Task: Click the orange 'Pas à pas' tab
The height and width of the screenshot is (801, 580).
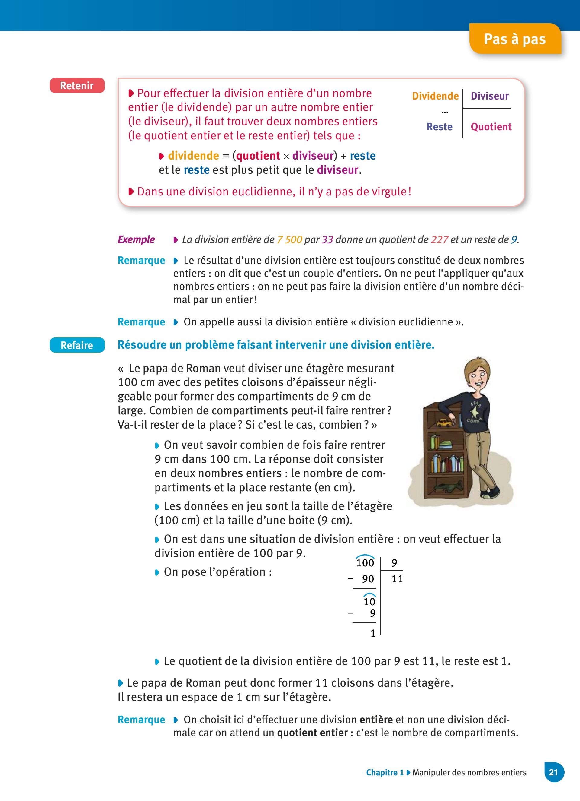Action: point(515,39)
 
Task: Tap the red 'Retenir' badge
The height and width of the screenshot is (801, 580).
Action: point(77,85)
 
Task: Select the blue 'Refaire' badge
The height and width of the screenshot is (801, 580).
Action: point(77,345)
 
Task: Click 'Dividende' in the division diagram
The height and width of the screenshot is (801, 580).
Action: point(435,96)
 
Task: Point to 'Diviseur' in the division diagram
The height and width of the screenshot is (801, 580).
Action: point(489,96)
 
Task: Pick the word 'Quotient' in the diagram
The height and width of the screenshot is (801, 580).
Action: point(491,127)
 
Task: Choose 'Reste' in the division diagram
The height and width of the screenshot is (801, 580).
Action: point(440,127)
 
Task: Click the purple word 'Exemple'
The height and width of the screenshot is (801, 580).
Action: point(136,239)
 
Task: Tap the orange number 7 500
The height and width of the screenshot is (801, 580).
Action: point(289,240)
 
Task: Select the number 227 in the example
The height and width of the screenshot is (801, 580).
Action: point(439,240)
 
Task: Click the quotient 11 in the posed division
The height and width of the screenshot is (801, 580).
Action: point(397,579)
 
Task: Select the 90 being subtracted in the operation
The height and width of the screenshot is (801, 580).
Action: point(368,579)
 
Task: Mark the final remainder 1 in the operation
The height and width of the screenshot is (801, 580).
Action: point(373,633)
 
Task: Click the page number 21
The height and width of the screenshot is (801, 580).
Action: point(553,772)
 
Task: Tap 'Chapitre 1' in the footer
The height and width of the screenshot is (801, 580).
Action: point(385,772)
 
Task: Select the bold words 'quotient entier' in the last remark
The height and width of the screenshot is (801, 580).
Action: point(312,733)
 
